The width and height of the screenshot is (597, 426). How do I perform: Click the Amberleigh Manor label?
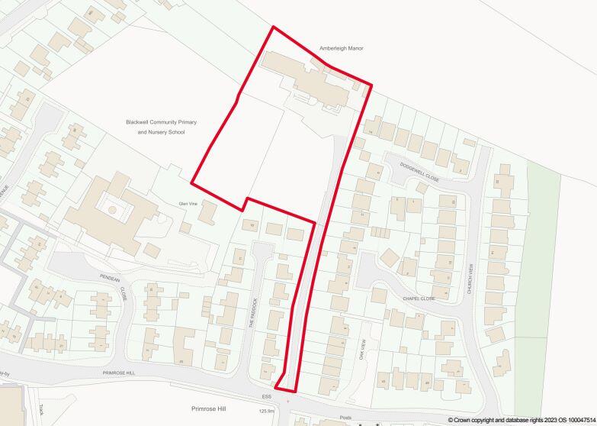[341, 48]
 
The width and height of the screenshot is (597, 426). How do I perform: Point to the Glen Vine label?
[188, 204]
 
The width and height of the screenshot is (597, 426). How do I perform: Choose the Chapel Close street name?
[419, 299]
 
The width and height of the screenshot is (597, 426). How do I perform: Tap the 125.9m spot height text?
[267, 411]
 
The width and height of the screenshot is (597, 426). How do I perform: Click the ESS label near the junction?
[266, 396]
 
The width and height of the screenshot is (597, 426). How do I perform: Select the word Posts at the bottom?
[345, 418]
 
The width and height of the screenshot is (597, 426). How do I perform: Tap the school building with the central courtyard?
[107, 210]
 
